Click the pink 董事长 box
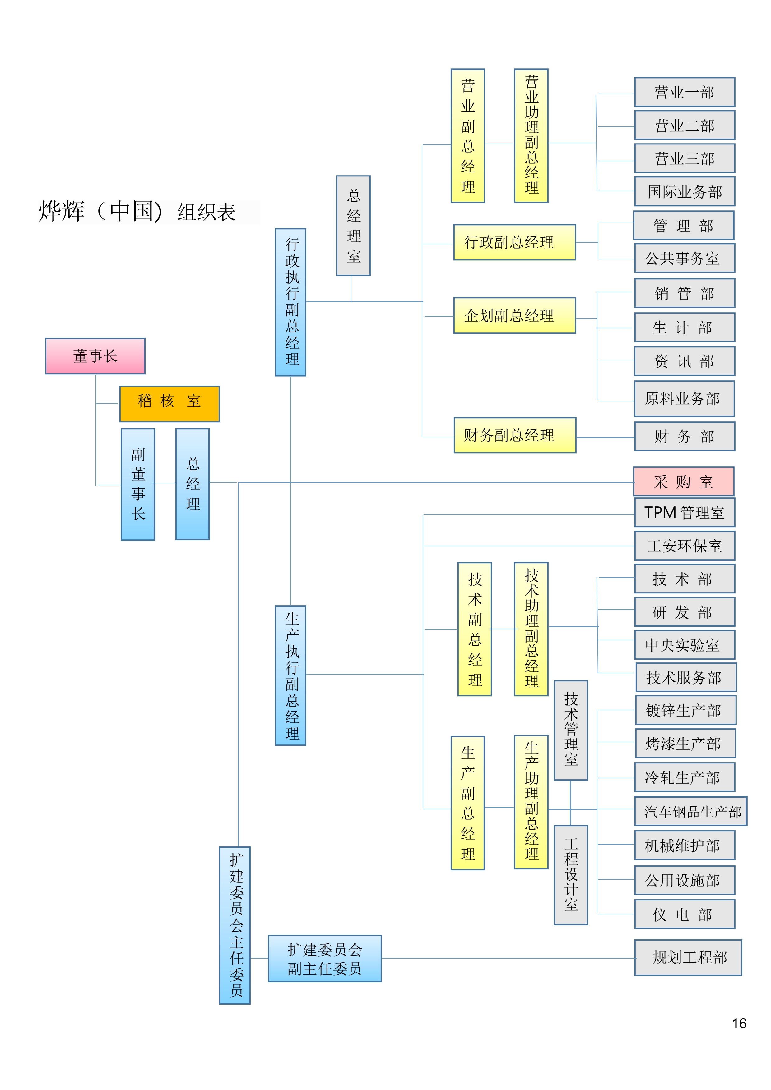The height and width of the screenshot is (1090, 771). coord(95,356)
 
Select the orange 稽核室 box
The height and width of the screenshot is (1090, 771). coord(169,404)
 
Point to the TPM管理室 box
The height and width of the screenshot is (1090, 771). coord(685,513)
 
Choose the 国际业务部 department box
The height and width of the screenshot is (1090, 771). coord(685,191)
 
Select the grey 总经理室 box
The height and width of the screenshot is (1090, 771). coord(353,226)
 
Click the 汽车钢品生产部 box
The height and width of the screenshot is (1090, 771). coord(691,811)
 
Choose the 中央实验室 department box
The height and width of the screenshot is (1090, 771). coord(685,645)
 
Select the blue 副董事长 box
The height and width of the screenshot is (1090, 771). coord(138,484)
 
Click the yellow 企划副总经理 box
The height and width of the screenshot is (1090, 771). coord(514,316)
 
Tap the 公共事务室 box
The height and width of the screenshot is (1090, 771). coord(685,258)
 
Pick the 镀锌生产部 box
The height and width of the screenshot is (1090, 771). coord(685,710)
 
